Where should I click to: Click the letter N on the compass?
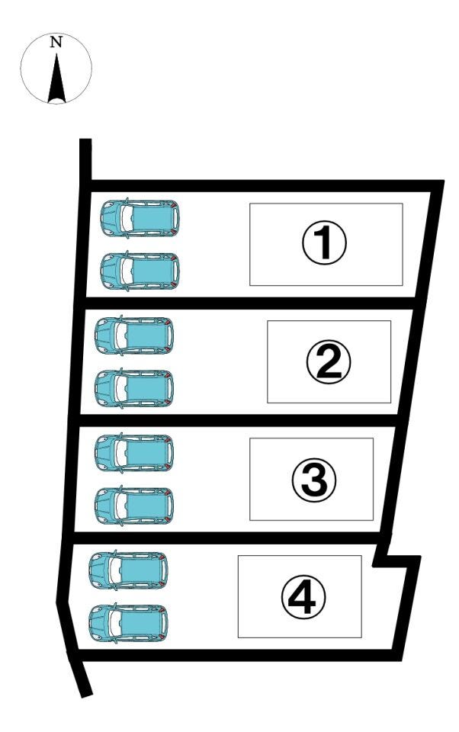click(56, 42)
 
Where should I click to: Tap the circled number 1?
click(324, 242)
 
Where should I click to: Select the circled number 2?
click(329, 361)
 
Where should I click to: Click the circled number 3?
click(314, 480)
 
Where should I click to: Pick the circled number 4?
click(303, 597)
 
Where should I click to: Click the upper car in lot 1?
click(140, 218)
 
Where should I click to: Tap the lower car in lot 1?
click(140, 271)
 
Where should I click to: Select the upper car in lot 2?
click(134, 335)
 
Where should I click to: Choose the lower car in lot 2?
click(134, 388)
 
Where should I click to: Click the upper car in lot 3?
click(134, 452)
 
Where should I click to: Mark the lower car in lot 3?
click(134, 506)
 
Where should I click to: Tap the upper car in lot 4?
click(128, 570)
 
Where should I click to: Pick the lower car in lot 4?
click(128, 623)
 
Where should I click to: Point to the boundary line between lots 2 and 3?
click(238, 420)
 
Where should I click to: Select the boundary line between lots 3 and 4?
click(229, 538)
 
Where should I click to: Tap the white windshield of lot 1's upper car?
click(126, 218)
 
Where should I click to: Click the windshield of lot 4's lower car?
click(114, 623)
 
